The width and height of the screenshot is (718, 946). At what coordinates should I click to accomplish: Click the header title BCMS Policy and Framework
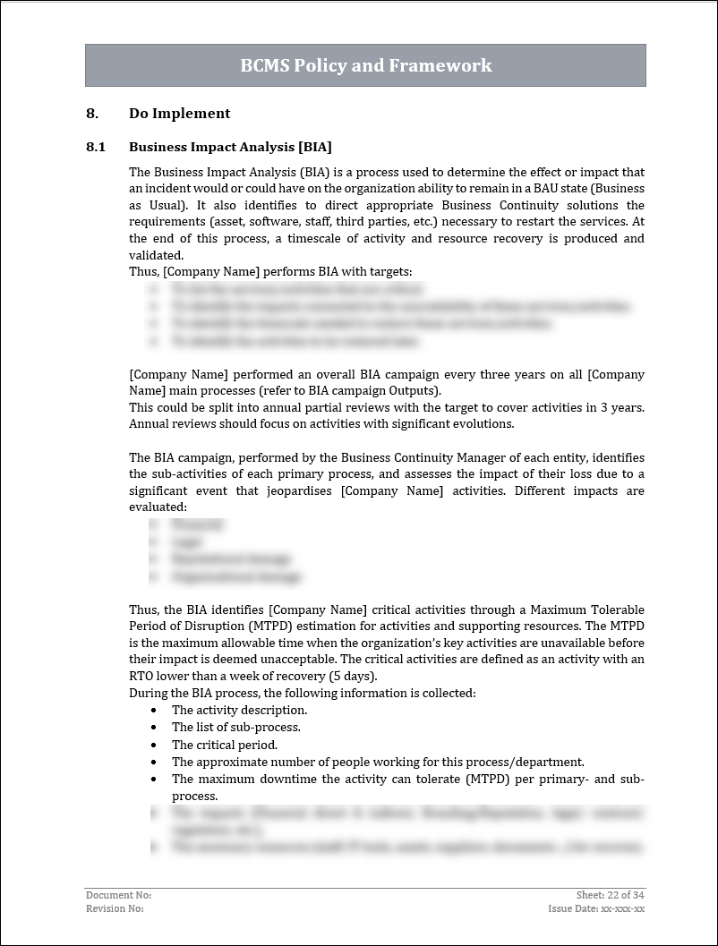[365, 65]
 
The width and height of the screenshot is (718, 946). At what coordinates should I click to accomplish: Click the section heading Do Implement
[179, 114]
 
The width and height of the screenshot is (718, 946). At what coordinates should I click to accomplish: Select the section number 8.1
[96, 147]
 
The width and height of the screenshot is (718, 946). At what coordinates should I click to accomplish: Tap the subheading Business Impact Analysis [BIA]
[230, 147]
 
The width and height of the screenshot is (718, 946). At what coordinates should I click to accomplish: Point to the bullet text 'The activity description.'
[239, 711]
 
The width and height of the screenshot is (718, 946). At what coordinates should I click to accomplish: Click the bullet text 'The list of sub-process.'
[235, 728]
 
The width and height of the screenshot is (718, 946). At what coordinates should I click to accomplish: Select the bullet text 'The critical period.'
[225, 745]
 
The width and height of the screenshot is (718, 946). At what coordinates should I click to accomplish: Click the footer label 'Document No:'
[118, 895]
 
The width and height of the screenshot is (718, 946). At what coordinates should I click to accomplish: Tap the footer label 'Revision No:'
[115, 908]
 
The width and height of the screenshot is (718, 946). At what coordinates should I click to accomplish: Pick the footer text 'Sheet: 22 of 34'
[611, 895]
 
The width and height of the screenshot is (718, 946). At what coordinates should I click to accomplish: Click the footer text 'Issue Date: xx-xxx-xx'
[596, 908]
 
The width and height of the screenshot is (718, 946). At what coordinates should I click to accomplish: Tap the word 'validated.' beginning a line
[158, 255]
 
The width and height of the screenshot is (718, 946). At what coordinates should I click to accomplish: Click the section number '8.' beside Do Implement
[91, 114]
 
